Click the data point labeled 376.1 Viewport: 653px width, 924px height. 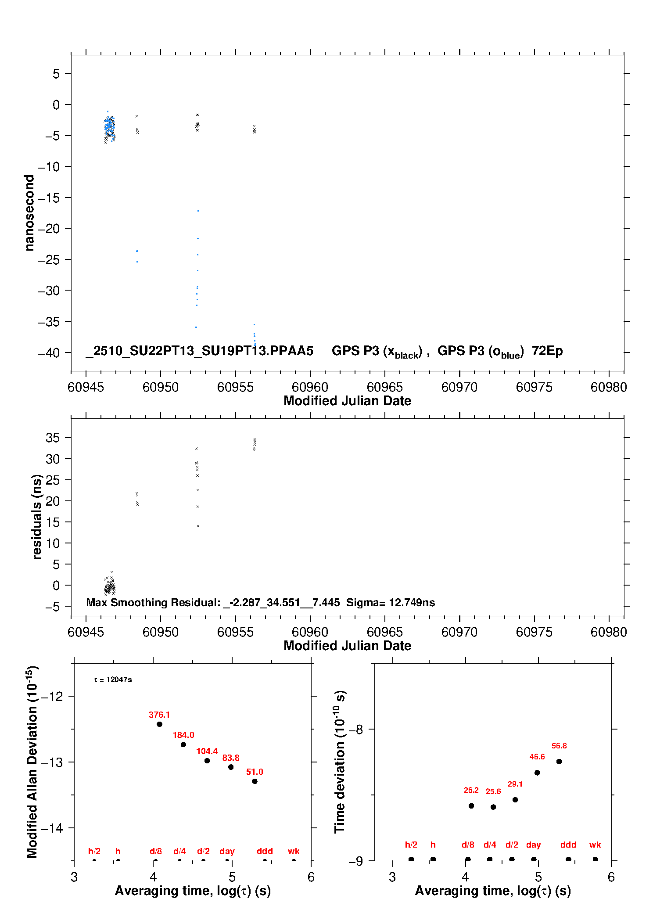pyautogui.click(x=159, y=724)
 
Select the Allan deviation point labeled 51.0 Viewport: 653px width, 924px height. pyautogui.click(x=255, y=781)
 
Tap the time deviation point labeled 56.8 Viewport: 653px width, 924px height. pyautogui.click(x=559, y=762)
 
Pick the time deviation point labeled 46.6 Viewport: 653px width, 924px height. pyautogui.click(x=537, y=773)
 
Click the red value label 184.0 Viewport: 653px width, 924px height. pyautogui.click(x=183, y=735)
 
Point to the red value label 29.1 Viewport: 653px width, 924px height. pyautogui.click(x=515, y=784)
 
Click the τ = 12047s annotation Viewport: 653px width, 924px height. pyautogui.click(x=113, y=680)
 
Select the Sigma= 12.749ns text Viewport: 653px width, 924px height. pyautogui.click(x=390, y=603)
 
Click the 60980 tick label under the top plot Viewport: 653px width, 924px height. pyautogui.click(x=609, y=387)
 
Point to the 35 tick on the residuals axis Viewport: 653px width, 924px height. pyautogui.click(x=53, y=438)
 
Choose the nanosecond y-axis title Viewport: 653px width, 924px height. pyautogui.click(x=29, y=213)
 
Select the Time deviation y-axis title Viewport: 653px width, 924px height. pyautogui.click(x=340, y=762)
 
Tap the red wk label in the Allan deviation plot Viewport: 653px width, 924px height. pyautogui.click(x=294, y=851)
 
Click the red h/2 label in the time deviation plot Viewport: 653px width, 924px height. pyautogui.click(x=411, y=845)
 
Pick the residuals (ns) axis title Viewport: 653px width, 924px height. pyautogui.click(x=37, y=517)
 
